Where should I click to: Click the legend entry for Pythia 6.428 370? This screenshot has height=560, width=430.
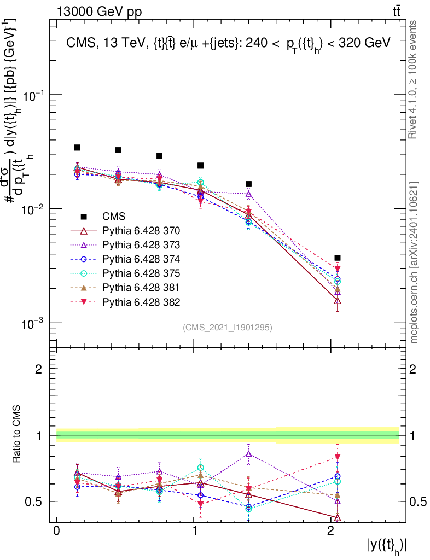click(141, 230)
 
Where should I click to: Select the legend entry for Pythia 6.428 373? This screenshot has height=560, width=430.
click(141, 244)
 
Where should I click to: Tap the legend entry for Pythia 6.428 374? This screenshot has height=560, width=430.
click(141, 259)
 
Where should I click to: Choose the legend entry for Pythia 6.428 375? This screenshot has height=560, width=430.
click(141, 273)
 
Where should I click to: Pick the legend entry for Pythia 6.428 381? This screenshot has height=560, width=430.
click(141, 287)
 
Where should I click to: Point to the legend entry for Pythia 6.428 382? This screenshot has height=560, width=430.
click(141, 301)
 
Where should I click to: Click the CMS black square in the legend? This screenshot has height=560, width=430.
click(84, 216)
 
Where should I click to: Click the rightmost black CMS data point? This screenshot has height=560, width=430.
click(338, 258)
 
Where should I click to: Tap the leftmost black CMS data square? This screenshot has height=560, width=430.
click(78, 148)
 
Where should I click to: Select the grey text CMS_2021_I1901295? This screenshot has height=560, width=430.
click(228, 327)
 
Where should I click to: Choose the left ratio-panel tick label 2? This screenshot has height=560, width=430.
click(39, 369)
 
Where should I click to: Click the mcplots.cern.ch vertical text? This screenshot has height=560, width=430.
click(414, 262)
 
